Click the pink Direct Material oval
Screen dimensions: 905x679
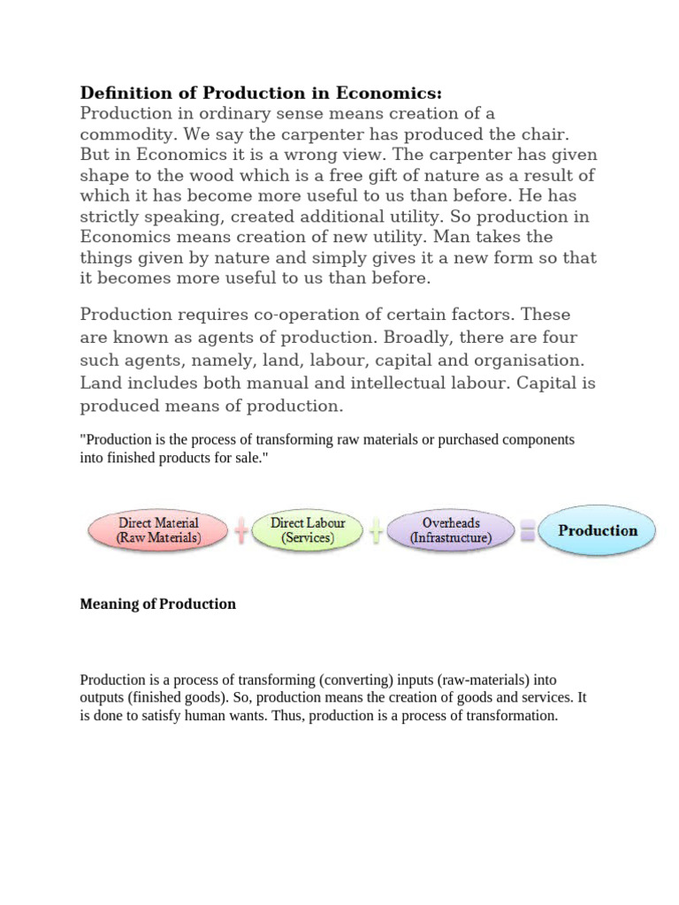(x=158, y=530)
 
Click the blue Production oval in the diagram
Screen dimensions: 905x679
(x=598, y=530)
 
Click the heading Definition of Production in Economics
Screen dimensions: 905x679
(x=261, y=93)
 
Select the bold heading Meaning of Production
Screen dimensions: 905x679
(x=158, y=604)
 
